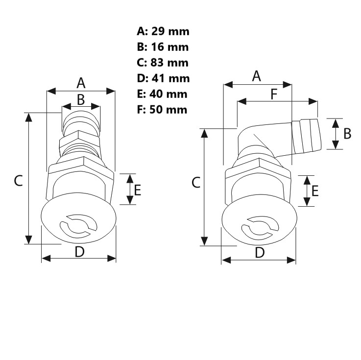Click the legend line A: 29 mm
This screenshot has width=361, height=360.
click(163, 32)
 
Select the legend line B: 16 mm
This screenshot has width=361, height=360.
click(163, 48)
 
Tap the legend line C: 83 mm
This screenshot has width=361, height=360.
click(163, 63)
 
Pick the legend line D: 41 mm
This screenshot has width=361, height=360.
click(163, 78)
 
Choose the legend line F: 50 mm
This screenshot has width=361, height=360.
click(162, 109)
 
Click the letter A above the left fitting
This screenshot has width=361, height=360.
click(81, 82)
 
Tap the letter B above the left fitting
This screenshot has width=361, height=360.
click(81, 99)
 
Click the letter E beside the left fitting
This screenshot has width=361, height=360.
click(138, 190)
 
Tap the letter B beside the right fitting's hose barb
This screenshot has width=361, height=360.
click(347, 133)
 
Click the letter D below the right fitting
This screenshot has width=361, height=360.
click(260, 253)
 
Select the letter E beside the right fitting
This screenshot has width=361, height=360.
click(315, 191)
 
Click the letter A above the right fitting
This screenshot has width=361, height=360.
click(256, 76)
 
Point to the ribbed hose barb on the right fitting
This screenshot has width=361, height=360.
click(306, 135)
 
